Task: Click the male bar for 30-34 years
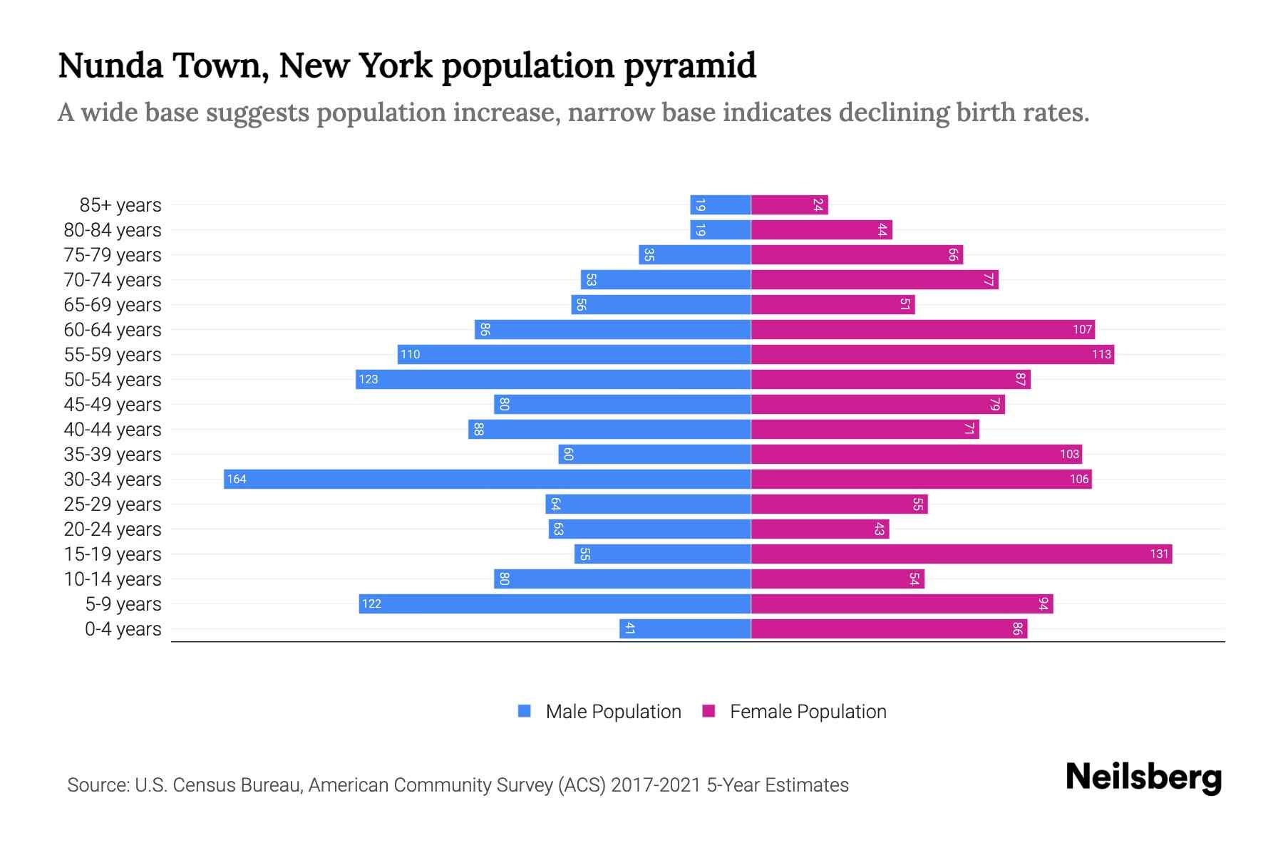pos(487,479)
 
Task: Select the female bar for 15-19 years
pos(961,554)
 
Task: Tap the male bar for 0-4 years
pos(685,628)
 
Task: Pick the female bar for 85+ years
pos(789,204)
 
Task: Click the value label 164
pos(237,479)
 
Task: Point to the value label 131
pos(1159,554)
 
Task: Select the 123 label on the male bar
pos(369,379)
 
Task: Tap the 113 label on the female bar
pos(1101,354)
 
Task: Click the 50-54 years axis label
pos(113,379)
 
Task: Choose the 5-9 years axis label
pos(123,603)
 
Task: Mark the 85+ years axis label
pos(120,204)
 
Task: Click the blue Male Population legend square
pos(525,711)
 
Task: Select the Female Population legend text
pos(808,711)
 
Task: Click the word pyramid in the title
pos(689,66)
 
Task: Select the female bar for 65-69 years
pos(833,304)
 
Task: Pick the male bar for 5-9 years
pos(555,603)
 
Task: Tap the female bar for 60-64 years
pos(922,329)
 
